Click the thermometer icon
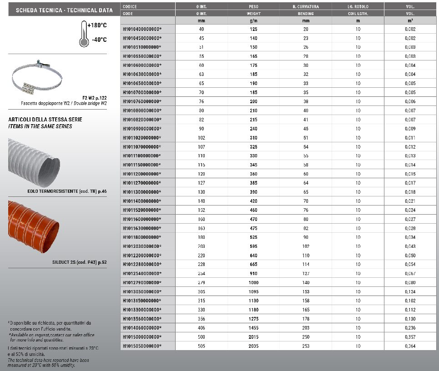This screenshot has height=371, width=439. click(83, 34)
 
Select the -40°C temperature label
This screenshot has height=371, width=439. click(99, 40)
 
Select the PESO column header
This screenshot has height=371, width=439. click(253, 7)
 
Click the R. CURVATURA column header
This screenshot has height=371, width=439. click(306, 7)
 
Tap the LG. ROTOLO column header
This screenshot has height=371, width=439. click(358, 7)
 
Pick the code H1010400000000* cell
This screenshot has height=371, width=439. click(142, 29)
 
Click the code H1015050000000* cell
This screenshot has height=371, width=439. click(142, 346)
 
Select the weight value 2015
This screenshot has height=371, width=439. click(253, 337)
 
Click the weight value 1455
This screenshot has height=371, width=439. click(253, 328)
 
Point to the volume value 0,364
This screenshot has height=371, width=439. click(410, 346)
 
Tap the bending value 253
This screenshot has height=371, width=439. click(306, 346)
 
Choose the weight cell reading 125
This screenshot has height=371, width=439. click(253, 29)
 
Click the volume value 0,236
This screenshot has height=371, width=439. click(410, 328)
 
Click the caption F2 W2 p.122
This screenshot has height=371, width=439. click(94, 97)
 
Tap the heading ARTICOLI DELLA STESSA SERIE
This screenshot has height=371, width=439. click(39, 120)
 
